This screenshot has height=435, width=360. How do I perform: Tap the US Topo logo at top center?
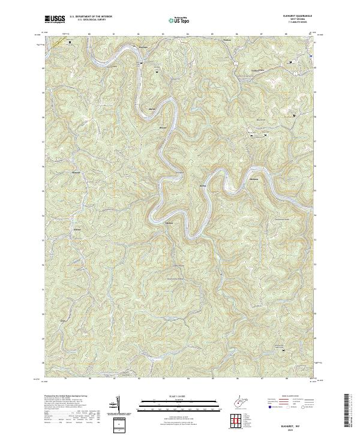point(175,20)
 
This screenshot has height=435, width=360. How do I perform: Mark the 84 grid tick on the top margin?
point(188,34)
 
